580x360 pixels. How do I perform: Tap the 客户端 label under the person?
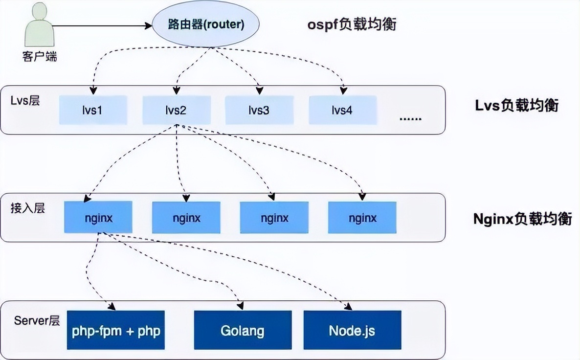tap(40, 57)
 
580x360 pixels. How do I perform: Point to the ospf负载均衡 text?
tap(351, 24)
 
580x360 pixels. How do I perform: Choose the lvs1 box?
tap(93, 110)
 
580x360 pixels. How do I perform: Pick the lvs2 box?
tap(176, 110)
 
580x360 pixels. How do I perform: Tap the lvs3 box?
tap(259, 110)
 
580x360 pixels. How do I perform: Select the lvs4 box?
tap(342, 110)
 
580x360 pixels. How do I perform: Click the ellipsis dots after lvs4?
tap(410, 119)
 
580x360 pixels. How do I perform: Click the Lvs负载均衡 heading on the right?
tap(516, 106)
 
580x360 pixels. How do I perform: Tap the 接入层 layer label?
tap(28, 208)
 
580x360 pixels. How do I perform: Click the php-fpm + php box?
tap(116, 330)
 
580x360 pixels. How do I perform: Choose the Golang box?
tap(243, 330)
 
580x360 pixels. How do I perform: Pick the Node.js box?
tap(352, 330)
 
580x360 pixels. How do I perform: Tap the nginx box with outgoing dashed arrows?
tap(98, 218)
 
